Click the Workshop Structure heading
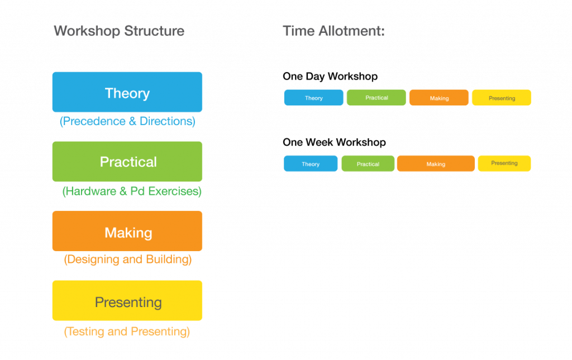point(118,31)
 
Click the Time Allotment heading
point(333,31)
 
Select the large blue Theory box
point(127,92)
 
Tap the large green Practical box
point(127,162)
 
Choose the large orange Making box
point(127,231)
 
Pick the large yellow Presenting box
point(127,301)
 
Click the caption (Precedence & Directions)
point(127,121)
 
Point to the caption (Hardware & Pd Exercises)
point(132,191)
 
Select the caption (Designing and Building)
point(128,260)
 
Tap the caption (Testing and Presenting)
point(127,332)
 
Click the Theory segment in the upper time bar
point(313,98)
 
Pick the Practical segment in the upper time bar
point(376,98)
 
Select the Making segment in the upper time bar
point(439,98)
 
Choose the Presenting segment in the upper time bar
point(502,98)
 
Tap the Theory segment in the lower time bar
point(311,164)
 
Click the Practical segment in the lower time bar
point(368,164)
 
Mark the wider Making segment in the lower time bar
point(436,164)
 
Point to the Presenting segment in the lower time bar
point(504,164)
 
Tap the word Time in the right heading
point(299,31)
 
